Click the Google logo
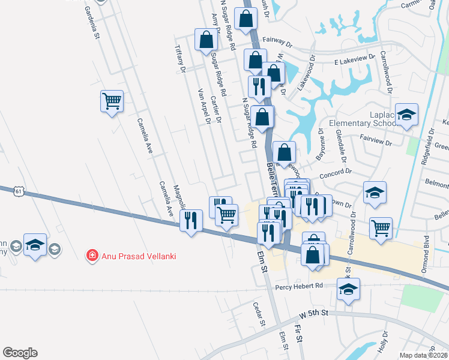pyautogui.click(x=20, y=353)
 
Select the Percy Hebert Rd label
pyautogui.click(x=299, y=286)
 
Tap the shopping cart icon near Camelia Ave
pyautogui.click(x=112, y=101)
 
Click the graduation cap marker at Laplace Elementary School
pyautogui.click(x=407, y=115)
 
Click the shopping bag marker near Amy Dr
pyautogui.click(x=206, y=40)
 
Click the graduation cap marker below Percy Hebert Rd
pyautogui.click(x=348, y=289)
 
